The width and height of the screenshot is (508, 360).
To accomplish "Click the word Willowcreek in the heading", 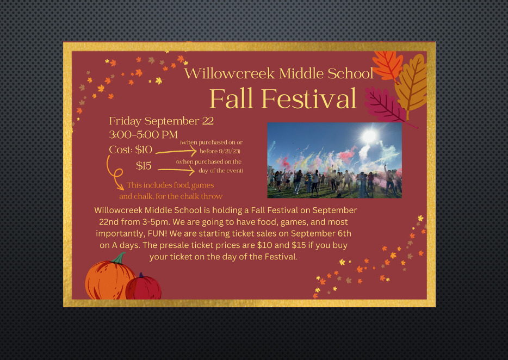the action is click(x=230, y=73).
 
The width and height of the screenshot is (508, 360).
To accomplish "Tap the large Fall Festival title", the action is click(x=283, y=98).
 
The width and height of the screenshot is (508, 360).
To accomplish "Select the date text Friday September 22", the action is click(x=162, y=121).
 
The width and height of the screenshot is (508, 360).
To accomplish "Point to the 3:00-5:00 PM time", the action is click(x=143, y=134).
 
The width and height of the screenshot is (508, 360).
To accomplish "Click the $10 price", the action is click(x=144, y=150).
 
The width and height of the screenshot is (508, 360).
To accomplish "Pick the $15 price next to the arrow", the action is click(x=144, y=165).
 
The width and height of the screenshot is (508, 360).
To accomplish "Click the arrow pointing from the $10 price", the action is click(x=176, y=151).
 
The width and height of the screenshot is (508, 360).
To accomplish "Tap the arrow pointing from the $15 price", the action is click(x=176, y=170).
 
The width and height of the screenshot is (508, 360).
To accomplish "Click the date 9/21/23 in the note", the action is click(x=230, y=151).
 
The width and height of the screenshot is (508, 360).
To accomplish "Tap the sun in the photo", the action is click(x=369, y=135).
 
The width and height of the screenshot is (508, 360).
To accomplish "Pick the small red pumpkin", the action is click(x=143, y=287).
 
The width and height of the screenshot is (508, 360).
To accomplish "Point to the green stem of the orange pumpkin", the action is click(x=119, y=258).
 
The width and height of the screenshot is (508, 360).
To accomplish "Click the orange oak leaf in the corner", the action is click(x=387, y=66).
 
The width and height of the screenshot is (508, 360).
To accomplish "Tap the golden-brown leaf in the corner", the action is click(x=411, y=84).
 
